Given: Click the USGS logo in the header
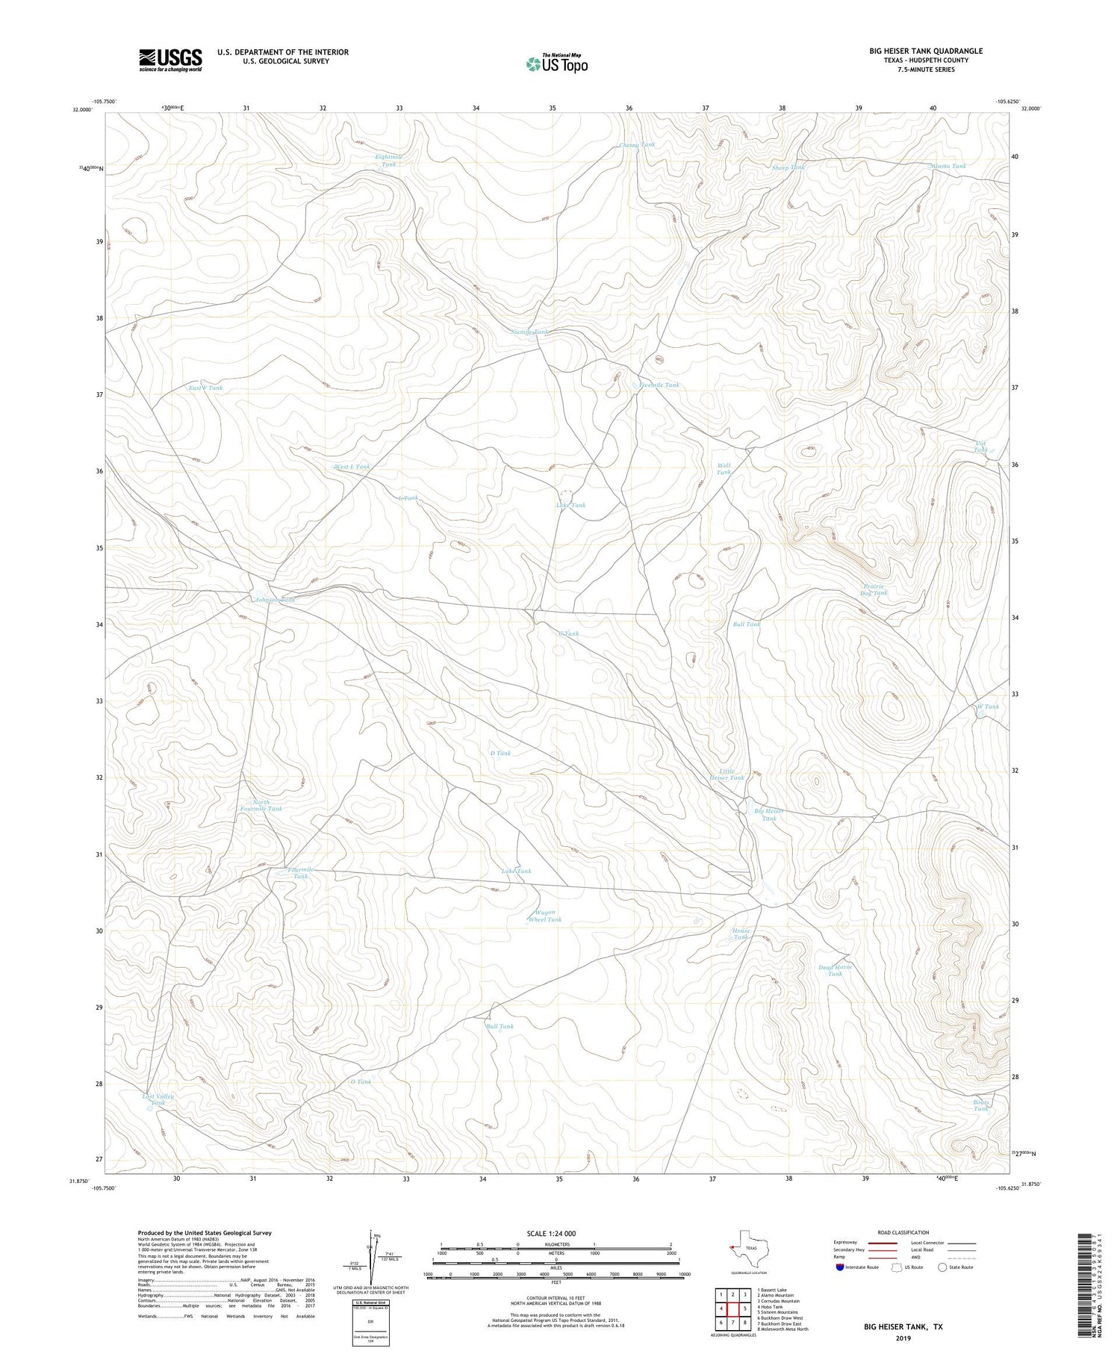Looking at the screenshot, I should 170,60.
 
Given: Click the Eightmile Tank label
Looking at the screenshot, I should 389,160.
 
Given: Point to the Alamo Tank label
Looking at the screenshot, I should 948,166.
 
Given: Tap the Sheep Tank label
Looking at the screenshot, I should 788,168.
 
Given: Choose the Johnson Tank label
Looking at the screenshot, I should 275,600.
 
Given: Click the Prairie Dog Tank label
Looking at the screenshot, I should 874,589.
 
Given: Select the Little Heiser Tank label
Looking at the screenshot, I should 727,774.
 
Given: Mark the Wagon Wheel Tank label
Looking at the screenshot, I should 545,916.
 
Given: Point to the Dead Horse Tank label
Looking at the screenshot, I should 835,970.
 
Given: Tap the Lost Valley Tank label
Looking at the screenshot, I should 158,1099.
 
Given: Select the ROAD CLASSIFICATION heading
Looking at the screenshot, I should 903,1232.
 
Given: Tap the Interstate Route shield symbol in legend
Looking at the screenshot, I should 840,1267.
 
